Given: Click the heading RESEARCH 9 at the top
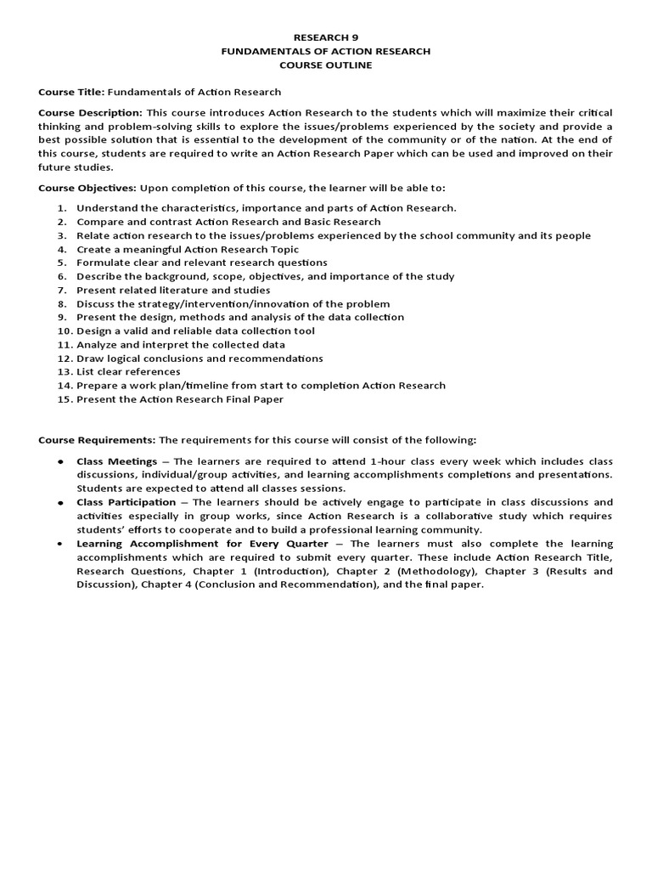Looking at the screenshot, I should [326, 37].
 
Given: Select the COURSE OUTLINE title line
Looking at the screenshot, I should [326, 65].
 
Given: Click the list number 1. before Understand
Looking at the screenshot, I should [62, 208].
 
